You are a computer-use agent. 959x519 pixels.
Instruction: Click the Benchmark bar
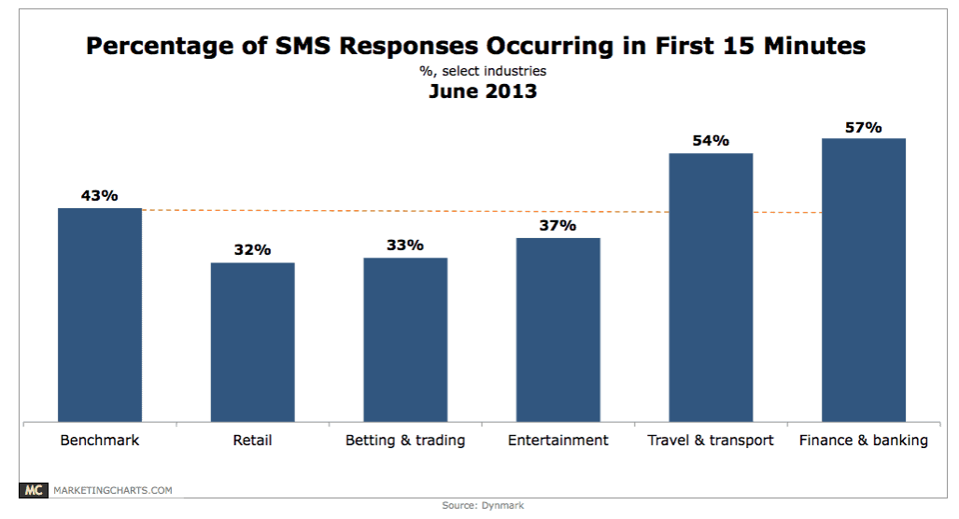click(x=100, y=315)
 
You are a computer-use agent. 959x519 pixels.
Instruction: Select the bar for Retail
click(x=252, y=342)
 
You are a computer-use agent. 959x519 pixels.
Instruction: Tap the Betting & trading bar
click(x=405, y=340)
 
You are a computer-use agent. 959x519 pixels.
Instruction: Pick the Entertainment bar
click(x=558, y=330)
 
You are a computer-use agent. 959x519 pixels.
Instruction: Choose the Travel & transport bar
click(x=711, y=288)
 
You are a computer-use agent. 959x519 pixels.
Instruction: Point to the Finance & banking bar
click(x=864, y=280)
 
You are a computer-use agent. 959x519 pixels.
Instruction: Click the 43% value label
click(x=100, y=195)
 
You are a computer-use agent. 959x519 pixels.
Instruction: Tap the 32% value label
click(x=252, y=249)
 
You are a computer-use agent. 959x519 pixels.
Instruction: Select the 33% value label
click(x=405, y=245)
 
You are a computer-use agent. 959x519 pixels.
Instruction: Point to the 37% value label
click(x=558, y=225)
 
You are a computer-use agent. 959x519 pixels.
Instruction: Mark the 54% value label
click(x=711, y=140)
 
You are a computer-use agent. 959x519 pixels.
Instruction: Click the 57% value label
click(x=864, y=126)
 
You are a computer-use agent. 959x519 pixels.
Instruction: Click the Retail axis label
click(x=252, y=440)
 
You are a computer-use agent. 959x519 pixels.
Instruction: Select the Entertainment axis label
click(x=558, y=440)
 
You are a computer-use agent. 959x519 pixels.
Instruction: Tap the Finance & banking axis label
click(x=864, y=440)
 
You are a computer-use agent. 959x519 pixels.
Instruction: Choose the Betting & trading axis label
click(x=405, y=440)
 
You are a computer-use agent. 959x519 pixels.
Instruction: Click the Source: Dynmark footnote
click(x=479, y=506)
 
